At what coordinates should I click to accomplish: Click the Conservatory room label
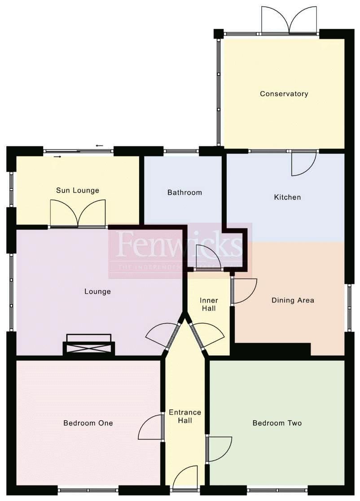coord(284,94)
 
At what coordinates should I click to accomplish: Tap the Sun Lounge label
coord(77,190)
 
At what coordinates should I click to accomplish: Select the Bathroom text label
coord(184,193)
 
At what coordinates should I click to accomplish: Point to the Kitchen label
coord(287,197)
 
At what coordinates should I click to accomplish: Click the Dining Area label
coord(293,300)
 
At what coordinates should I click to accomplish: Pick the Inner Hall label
coord(209,304)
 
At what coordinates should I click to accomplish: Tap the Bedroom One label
coord(88,423)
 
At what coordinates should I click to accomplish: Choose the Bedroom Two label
coord(277,423)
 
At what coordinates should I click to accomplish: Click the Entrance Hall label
coord(185,416)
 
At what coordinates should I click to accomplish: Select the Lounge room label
coord(97,291)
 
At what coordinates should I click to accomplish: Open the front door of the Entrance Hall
coord(185,478)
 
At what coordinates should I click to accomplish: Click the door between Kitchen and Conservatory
coord(303,163)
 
